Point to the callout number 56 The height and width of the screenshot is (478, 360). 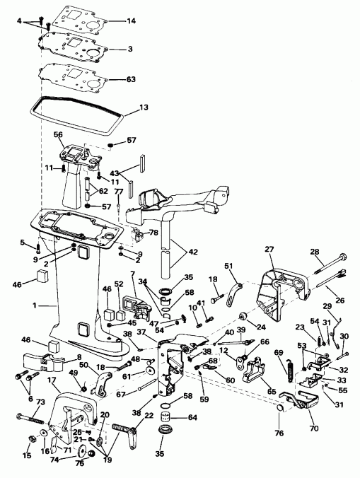[58, 134]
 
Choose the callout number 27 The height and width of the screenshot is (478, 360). [269, 249]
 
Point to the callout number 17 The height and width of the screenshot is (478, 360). [52, 381]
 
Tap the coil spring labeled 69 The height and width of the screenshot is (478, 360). [290, 368]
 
